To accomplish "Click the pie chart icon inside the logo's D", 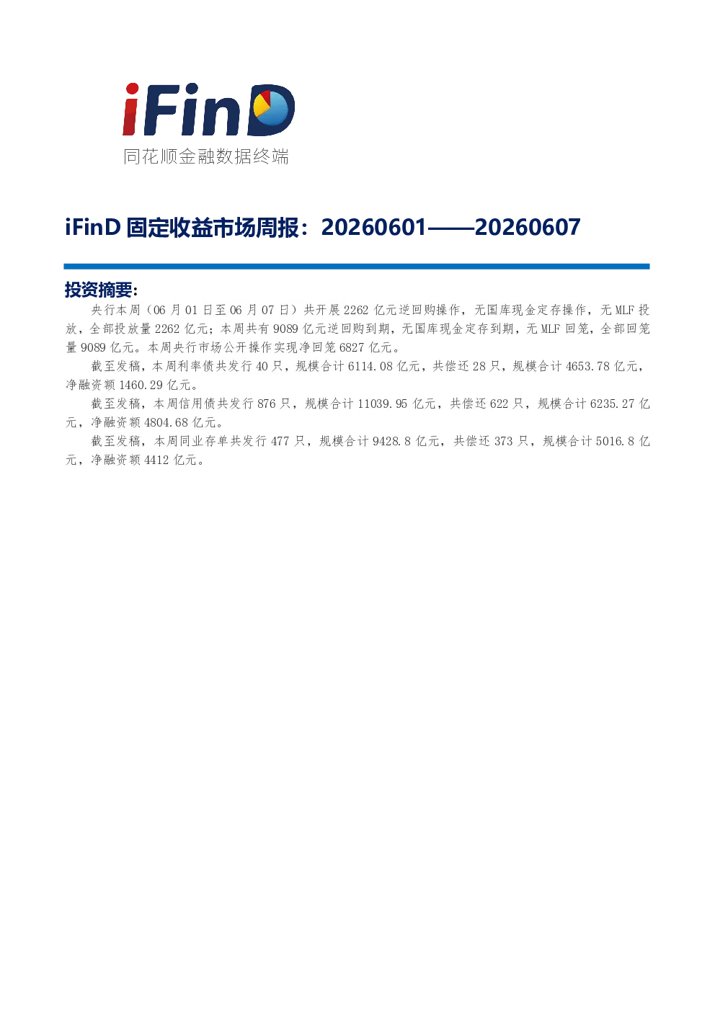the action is (270, 108).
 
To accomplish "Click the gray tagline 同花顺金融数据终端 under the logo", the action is (206, 156).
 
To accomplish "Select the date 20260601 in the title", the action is (373, 228).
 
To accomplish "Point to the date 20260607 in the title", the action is (528, 228).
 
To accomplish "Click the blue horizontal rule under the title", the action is (357, 267).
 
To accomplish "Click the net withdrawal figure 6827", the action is (351, 347).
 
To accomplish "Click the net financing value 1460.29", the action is (141, 385).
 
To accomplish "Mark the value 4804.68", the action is (166, 423).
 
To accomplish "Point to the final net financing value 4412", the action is (156, 460).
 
